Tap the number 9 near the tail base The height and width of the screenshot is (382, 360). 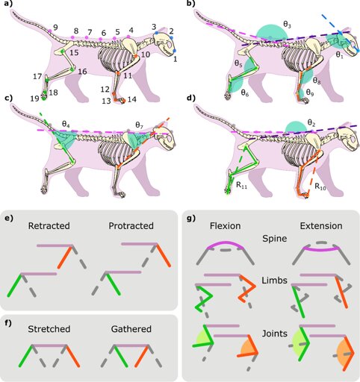coord(55,27)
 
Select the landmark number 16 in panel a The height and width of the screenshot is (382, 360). coord(82,72)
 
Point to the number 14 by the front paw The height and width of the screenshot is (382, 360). coord(132,99)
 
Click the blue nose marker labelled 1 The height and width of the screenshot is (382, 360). coord(174,51)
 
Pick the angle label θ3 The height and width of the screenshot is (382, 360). coord(287,25)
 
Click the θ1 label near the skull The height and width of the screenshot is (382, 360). coord(339,55)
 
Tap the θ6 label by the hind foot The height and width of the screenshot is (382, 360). coord(245,93)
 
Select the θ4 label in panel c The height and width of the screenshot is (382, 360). coord(65,124)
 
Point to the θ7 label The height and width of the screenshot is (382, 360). coord(140,125)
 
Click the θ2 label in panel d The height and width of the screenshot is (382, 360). coord(311,122)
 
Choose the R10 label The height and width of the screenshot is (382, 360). coord(320,187)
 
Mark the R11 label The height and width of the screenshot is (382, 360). coord(241,185)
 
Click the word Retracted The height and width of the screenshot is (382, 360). coord(49,226)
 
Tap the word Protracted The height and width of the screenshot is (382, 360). coord(131,226)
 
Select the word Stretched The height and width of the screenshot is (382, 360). coord(49,329)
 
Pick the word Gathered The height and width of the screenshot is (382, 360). coord(131,329)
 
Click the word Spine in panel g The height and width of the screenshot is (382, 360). coord(275,239)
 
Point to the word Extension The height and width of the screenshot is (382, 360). coord(321,226)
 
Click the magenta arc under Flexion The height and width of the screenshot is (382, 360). coord(226,242)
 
